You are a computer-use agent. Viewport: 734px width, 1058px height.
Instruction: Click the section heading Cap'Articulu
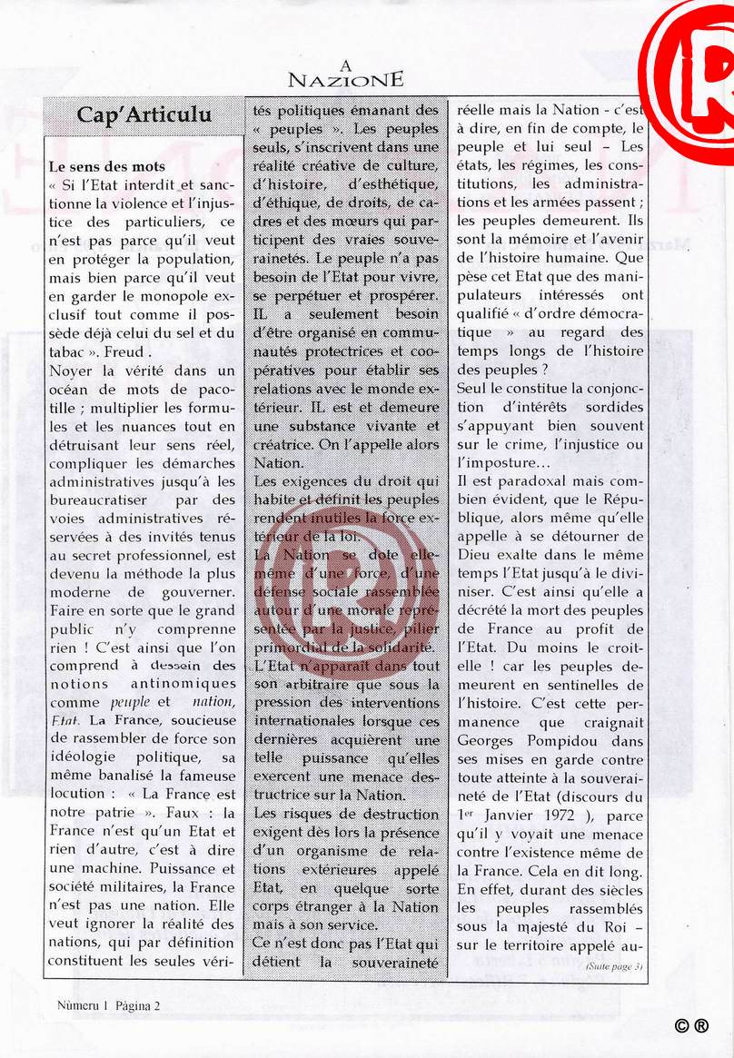144,114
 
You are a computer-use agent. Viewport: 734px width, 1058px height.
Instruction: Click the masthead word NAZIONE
344,80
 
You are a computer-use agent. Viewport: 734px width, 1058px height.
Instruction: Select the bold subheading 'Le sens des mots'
107,167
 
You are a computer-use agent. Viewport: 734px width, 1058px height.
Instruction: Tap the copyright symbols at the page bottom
691,1026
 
